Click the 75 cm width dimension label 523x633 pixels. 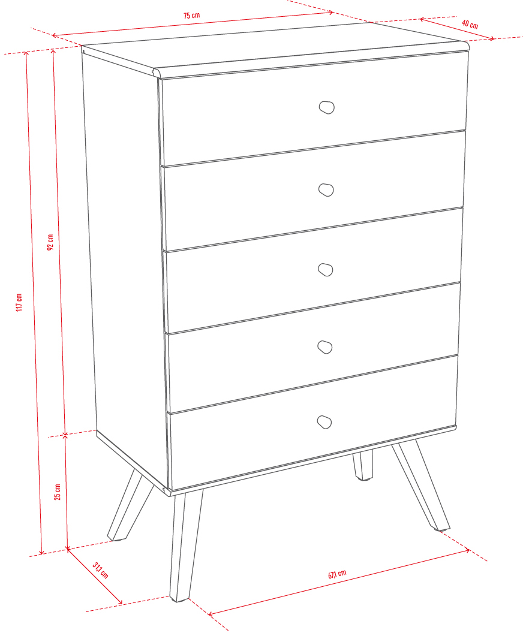click(191, 16)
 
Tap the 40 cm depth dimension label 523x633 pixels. click(470, 24)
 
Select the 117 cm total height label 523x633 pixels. click(19, 302)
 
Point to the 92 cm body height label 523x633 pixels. click(50, 242)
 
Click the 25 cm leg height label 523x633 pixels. click(58, 492)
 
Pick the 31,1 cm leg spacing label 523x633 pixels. click(100, 570)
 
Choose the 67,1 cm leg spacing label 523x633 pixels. click(337, 574)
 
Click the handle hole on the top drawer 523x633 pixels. click(326, 107)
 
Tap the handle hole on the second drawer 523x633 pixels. click(326, 190)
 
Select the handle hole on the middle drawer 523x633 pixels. click(325, 270)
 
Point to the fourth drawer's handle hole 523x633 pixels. click(324, 347)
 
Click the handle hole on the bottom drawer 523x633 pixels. click(324, 422)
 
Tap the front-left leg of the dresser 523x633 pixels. click(185, 545)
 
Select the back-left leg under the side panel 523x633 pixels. click(130, 505)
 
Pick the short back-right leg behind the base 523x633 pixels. click(362, 465)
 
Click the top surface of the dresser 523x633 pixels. click(275, 49)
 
